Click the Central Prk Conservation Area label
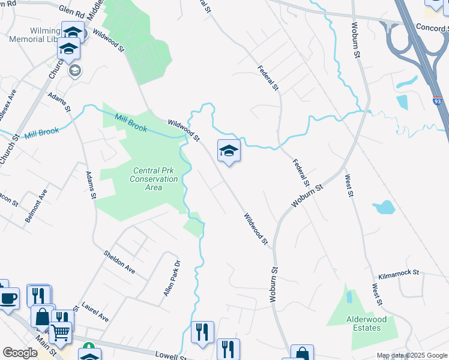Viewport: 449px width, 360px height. (x=154, y=179)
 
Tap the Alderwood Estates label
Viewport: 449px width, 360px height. (x=363, y=323)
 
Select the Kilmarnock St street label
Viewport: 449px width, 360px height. (x=398, y=274)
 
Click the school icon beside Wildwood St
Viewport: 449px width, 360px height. (x=229, y=150)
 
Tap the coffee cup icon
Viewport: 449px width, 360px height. (x=9, y=298)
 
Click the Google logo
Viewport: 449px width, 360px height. (x=20, y=353)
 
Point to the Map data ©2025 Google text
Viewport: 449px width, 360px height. (x=411, y=355)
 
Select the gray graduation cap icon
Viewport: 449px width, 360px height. (x=75, y=71)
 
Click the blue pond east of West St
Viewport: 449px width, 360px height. (x=384, y=208)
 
